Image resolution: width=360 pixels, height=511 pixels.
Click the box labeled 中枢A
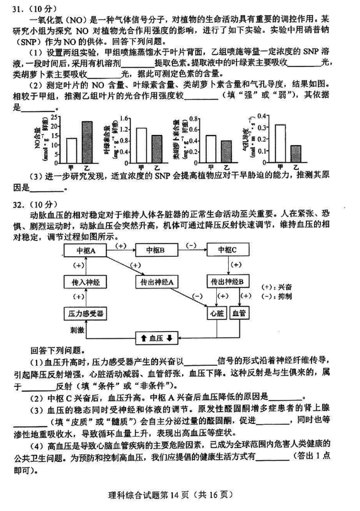click(85, 250)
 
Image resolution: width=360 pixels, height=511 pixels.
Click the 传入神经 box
click(86, 282)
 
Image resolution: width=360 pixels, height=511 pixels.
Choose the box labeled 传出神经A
click(157, 282)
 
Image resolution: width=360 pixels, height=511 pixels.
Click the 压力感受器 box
click(86, 313)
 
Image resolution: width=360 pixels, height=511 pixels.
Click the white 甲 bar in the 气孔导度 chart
click(280, 143)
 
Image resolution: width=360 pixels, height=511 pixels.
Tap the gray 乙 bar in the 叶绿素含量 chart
click(156, 149)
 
